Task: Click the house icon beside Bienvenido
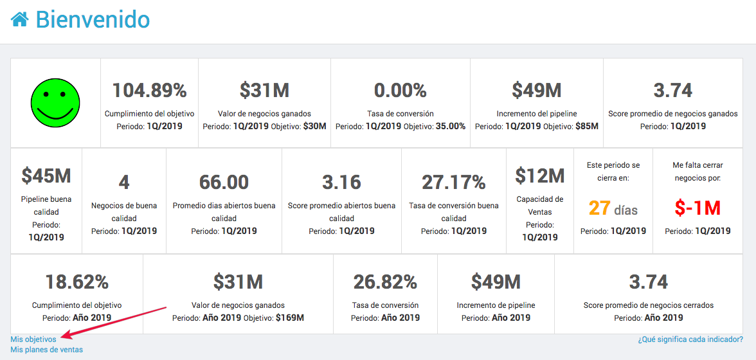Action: (x=19, y=19)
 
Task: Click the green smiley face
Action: (x=55, y=103)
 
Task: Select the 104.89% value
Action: (x=149, y=91)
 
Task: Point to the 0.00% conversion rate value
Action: (x=400, y=91)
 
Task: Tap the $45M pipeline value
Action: (x=46, y=175)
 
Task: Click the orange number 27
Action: (x=599, y=208)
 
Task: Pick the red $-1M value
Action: (x=697, y=208)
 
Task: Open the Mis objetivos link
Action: (x=33, y=339)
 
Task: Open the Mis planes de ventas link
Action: (x=46, y=350)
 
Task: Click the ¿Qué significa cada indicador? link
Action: (x=690, y=339)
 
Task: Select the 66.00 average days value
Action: (x=224, y=182)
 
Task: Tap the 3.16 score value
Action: (x=341, y=182)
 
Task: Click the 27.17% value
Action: (x=454, y=182)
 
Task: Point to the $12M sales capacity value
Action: (x=540, y=175)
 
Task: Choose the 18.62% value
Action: (x=76, y=282)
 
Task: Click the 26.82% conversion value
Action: (x=385, y=282)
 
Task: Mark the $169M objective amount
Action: (x=289, y=318)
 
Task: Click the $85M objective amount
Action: (x=587, y=126)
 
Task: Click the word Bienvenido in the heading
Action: (x=93, y=19)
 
